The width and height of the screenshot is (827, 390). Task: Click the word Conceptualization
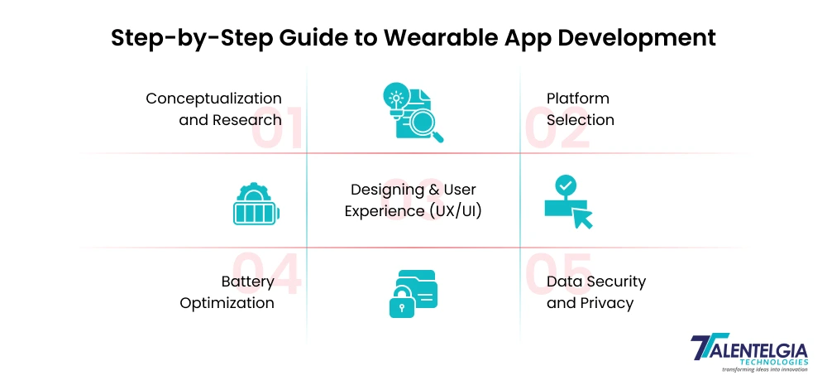[x=213, y=99]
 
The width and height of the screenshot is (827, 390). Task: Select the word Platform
[x=577, y=99]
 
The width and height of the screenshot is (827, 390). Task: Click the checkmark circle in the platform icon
[x=566, y=185]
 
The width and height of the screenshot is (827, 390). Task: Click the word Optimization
[x=227, y=303]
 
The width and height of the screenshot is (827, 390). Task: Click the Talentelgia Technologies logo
[x=749, y=352]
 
